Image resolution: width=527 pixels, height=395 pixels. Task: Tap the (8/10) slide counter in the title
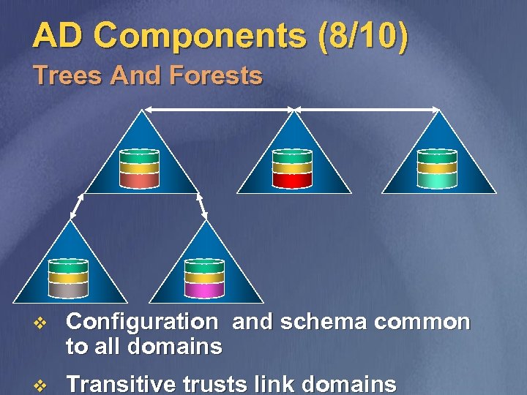(x=363, y=37)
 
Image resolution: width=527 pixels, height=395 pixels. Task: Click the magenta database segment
(x=204, y=290)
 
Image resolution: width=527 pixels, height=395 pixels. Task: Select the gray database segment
(x=68, y=290)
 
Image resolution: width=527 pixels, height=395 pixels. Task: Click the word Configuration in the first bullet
(x=141, y=323)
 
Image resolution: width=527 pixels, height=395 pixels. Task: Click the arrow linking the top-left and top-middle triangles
(x=217, y=109)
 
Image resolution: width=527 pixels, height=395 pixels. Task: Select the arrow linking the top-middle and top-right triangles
(x=367, y=109)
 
